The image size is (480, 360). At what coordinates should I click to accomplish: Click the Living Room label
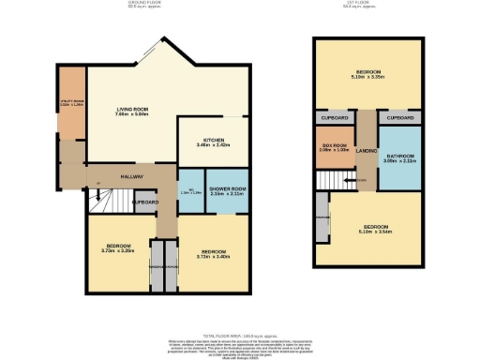[131, 112]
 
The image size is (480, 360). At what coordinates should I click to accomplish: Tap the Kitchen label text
[202, 142]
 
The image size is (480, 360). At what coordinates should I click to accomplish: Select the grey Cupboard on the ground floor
[144, 201]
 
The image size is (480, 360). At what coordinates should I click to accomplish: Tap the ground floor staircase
[97, 197]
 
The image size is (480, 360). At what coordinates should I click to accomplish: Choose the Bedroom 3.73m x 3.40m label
[211, 251]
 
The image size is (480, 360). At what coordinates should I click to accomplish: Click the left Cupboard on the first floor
[334, 119]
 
